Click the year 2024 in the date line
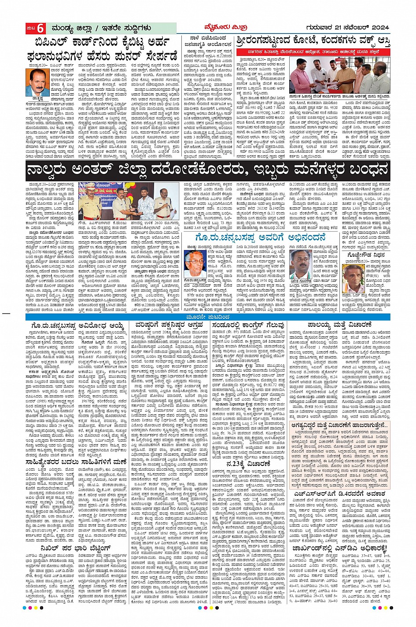[x=378, y=28]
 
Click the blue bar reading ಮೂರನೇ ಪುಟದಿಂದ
[x=208, y=317]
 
